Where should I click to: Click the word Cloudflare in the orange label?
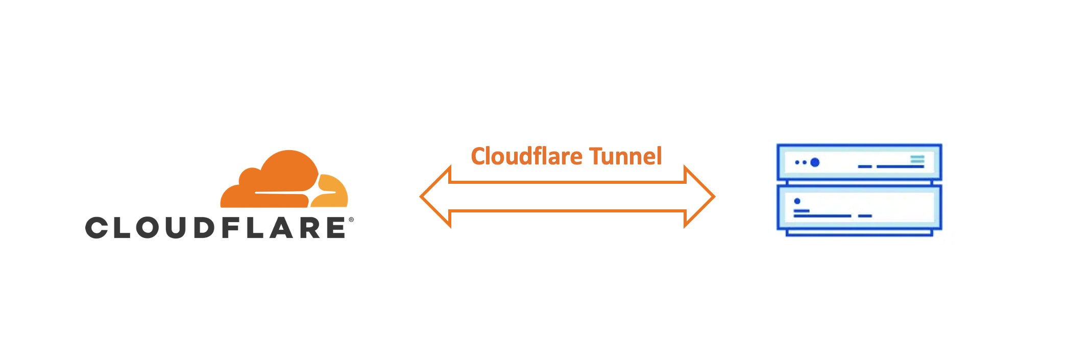[x=526, y=156]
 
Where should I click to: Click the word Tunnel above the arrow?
[x=625, y=156]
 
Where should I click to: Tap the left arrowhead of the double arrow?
[x=435, y=197]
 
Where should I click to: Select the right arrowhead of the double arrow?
[x=699, y=197]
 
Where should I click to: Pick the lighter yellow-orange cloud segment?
[x=332, y=191]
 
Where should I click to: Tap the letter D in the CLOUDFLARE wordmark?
[x=205, y=228]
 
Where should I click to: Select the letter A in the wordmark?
[x=282, y=228]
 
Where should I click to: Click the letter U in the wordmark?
[x=176, y=228]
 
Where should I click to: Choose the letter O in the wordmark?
[x=148, y=228]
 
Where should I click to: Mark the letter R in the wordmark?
[x=311, y=228]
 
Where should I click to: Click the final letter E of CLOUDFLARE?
[x=336, y=228]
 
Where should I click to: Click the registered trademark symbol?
[x=351, y=220]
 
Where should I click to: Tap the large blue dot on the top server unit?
[x=815, y=162]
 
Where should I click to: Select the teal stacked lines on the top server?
[x=917, y=159]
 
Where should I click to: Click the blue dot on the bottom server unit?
[x=797, y=201]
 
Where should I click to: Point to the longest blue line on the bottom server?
[x=822, y=216]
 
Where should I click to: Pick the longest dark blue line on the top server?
[x=901, y=166]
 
